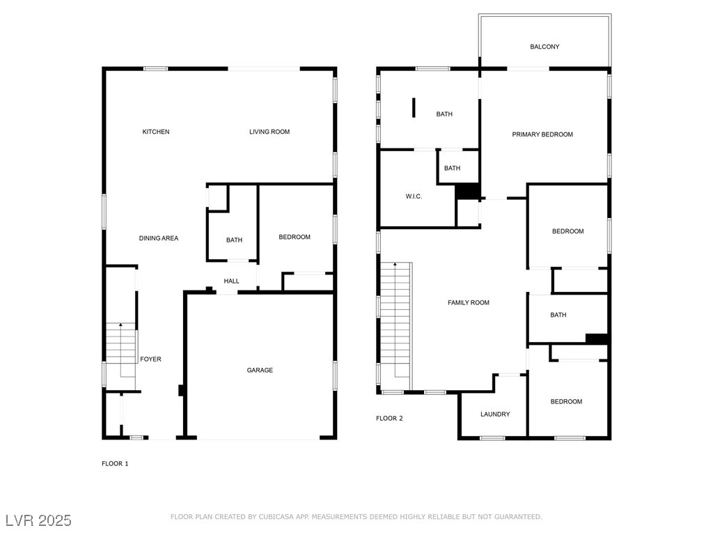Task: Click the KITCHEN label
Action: [156, 132]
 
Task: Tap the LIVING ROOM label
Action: [269, 132]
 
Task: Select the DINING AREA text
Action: [159, 238]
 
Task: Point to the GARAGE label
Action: [260, 371]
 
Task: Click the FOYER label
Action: [150, 359]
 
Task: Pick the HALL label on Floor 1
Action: [231, 281]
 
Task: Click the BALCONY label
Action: [544, 47]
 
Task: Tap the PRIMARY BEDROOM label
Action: [542, 134]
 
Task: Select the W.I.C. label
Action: [414, 196]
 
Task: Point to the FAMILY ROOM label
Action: [469, 303]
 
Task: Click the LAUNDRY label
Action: [495, 414]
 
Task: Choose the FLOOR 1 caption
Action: [115, 464]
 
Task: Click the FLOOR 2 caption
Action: [389, 419]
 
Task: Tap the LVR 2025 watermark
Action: [39, 520]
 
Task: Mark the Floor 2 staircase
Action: [395, 326]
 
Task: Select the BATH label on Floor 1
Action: [234, 240]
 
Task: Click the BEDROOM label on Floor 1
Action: [295, 237]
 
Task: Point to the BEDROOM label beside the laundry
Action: [566, 402]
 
